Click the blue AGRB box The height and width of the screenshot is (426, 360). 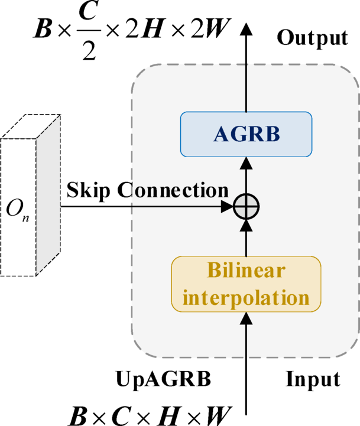[x=245, y=134]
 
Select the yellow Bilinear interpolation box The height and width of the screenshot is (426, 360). [x=246, y=284]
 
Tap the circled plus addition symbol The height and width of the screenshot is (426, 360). [x=246, y=207]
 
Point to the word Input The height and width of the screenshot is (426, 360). [x=313, y=378]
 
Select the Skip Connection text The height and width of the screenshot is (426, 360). [x=147, y=190]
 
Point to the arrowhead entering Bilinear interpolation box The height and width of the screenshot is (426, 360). [x=246, y=319]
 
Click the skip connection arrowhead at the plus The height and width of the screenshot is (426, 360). [x=228, y=207]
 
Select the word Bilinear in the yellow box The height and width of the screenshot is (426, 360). [x=246, y=271]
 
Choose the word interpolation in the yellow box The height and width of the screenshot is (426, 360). [x=246, y=297]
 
